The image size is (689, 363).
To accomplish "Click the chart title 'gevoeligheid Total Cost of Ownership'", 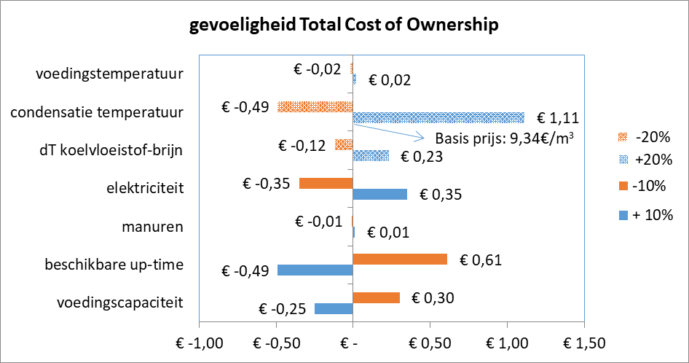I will pyautogui.click(x=344, y=26).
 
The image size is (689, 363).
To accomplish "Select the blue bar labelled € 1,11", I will pyautogui.click(x=438, y=117).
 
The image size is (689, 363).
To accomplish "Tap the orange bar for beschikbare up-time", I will pyautogui.click(x=399, y=259).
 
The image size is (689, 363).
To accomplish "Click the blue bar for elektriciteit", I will pyautogui.click(x=379, y=194).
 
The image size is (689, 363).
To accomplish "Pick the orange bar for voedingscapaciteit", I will pyautogui.click(x=376, y=297).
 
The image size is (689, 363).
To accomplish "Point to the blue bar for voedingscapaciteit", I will pyautogui.click(x=334, y=309).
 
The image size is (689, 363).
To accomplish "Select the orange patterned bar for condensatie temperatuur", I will pyautogui.click(x=315, y=106).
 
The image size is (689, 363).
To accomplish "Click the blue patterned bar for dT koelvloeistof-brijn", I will pyautogui.click(x=371, y=155).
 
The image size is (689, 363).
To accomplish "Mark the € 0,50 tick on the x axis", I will pyautogui.click(x=429, y=343).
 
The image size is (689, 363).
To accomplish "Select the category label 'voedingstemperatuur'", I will pyautogui.click(x=109, y=74).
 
